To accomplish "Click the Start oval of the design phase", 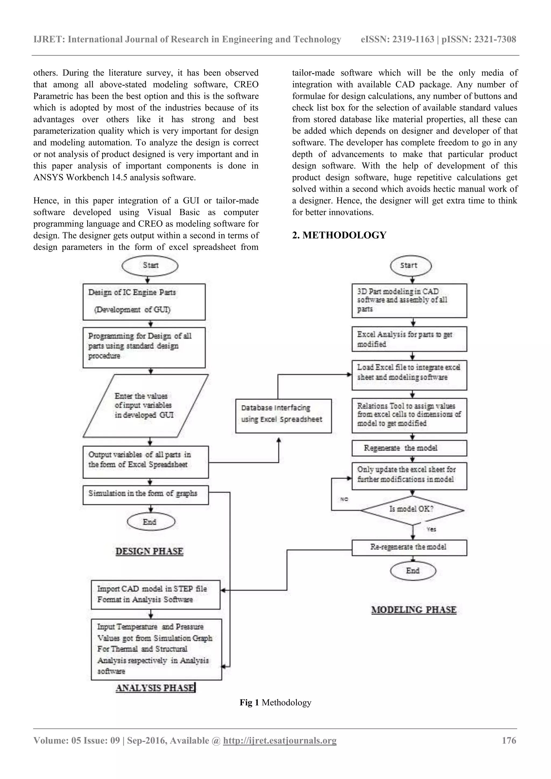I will pos(150,266).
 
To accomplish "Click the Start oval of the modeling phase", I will pos(411,266).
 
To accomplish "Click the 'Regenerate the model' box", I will pos(409,448).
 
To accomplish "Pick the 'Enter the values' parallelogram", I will pos(145,405).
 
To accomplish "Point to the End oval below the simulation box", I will pos(151,522).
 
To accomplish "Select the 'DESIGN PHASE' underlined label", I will pos(149,551).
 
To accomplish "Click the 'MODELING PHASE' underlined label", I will pos(414,610).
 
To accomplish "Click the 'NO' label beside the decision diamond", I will pos(344,499).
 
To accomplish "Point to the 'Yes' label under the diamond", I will pos(431,529).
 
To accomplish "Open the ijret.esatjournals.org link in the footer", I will pos(280,740).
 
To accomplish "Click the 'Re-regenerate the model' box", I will pos(409,547).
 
